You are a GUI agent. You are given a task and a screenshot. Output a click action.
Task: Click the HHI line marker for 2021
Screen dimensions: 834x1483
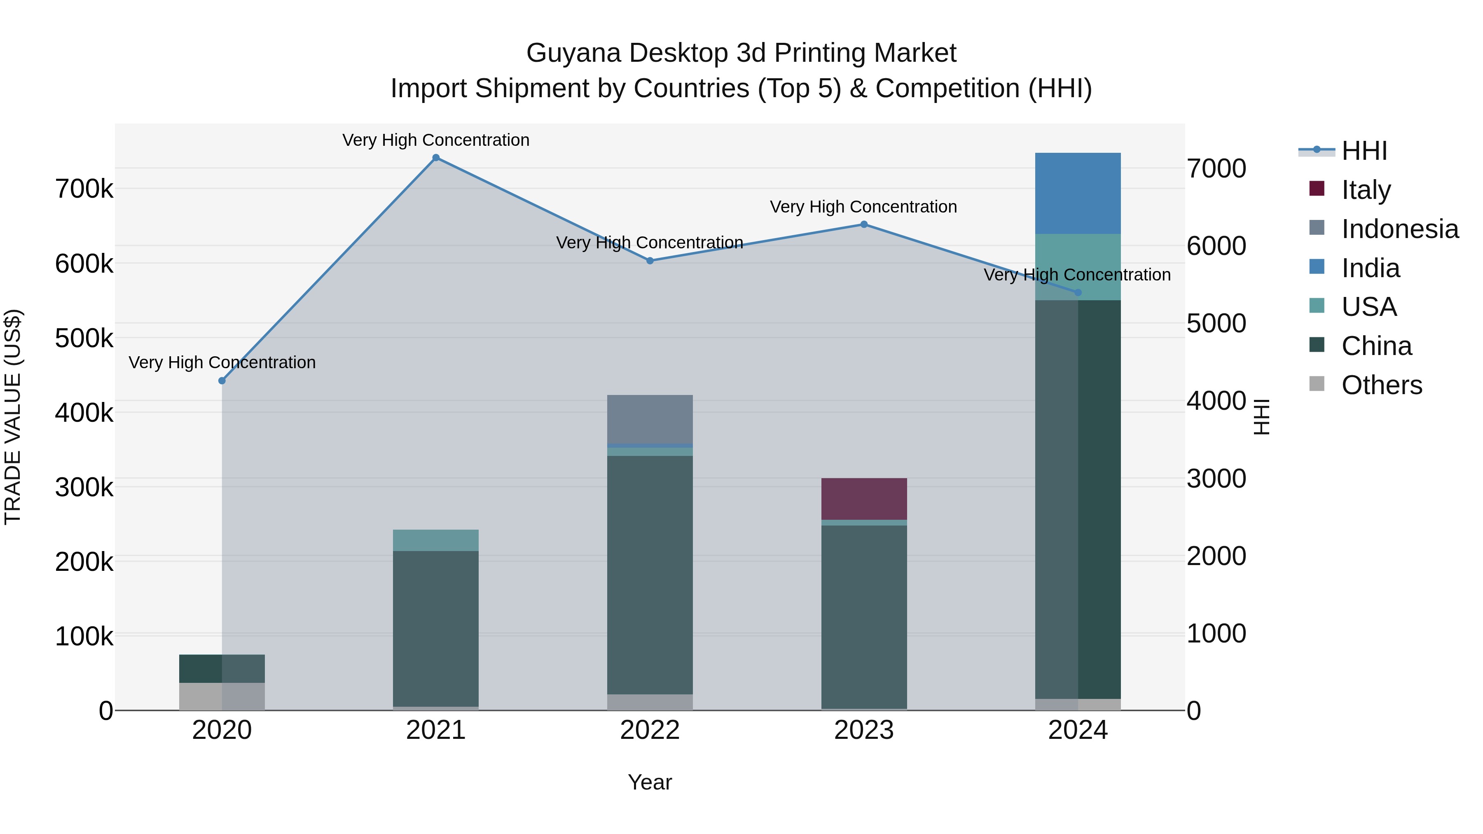tap(436, 158)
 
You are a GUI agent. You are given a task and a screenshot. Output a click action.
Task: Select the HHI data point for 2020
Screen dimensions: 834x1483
tap(222, 381)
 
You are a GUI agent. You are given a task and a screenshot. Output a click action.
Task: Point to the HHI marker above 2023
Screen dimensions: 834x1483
tap(863, 224)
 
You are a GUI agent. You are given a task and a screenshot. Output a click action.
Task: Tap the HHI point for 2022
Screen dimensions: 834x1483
tap(650, 261)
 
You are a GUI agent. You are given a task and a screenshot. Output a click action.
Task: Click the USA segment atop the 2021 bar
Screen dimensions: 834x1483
tap(436, 540)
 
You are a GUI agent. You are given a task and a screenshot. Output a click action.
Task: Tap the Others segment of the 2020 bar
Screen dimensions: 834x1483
tap(222, 696)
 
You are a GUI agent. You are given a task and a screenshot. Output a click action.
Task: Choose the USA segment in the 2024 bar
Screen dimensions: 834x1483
tap(1078, 267)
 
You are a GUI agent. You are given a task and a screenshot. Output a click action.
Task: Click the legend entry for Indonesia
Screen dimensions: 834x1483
tap(1399, 229)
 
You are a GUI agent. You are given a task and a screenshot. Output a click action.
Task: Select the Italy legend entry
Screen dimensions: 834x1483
tap(1366, 190)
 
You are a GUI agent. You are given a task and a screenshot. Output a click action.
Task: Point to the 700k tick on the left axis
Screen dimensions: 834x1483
tap(84, 189)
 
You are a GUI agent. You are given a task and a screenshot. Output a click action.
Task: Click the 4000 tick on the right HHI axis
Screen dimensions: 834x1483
tap(1216, 401)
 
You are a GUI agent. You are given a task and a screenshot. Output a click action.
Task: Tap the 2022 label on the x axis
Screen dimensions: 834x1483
tap(650, 730)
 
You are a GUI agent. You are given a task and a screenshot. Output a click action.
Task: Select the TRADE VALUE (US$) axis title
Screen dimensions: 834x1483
tap(13, 417)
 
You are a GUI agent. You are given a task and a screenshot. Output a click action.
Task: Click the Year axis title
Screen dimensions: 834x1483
tap(650, 782)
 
